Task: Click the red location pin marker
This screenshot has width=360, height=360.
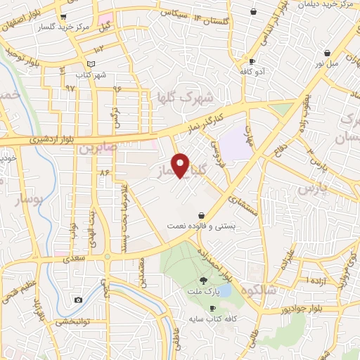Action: [181, 165]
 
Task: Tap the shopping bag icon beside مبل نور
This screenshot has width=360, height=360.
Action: [327, 53]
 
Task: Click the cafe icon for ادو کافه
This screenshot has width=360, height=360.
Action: [251, 61]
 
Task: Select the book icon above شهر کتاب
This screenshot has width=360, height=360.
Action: [82, 65]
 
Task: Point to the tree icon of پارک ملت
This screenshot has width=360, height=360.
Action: [204, 281]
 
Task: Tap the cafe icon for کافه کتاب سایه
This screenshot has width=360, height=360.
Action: [212, 309]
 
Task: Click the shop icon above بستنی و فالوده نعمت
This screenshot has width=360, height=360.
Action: [202, 215]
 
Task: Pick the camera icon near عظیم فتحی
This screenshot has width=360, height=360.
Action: [78, 300]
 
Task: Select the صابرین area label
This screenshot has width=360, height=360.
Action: [96, 148]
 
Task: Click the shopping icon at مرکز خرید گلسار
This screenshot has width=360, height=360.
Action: [64, 16]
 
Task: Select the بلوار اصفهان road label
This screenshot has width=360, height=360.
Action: [27, 15]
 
